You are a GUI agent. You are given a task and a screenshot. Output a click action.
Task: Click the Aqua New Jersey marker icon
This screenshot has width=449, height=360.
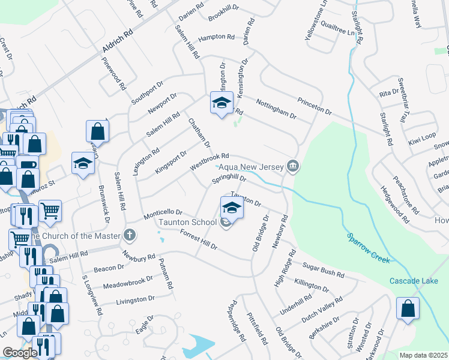click(x=293, y=166)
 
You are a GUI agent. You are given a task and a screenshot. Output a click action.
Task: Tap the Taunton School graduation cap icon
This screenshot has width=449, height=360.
click(x=232, y=208)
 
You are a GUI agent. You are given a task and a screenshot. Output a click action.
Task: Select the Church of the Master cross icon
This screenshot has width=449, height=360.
click(x=129, y=235)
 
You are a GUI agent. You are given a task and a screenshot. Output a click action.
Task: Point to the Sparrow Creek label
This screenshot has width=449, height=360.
click(x=369, y=247)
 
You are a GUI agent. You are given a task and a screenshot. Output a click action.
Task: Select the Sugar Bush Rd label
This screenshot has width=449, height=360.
click(x=324, y=270)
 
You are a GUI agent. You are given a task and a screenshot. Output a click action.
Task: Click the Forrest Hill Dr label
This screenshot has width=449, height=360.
click(x=197, y=241)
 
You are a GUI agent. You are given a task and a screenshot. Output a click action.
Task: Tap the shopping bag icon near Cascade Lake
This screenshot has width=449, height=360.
click(x=408, y=309)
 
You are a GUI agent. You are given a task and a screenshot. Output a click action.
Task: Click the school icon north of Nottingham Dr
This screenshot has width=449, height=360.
click(x=221, y=103)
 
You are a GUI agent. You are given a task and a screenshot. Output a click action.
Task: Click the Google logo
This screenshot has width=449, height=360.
click(x=20, y=353)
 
